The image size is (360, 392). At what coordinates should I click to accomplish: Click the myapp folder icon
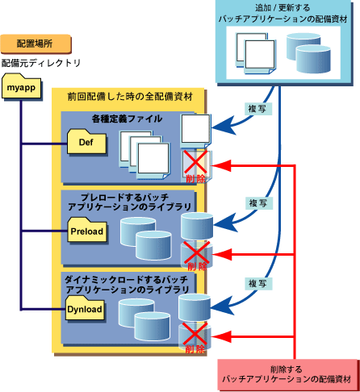coord(22,86)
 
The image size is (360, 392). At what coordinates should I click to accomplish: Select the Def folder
coord(86,142)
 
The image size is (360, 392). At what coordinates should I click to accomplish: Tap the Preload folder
coord(87,230)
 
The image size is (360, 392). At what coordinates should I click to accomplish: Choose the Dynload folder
coord(86,308)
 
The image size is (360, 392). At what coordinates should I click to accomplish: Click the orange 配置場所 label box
coord(36,44)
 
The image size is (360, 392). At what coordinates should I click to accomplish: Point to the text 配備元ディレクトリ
coord(41,63)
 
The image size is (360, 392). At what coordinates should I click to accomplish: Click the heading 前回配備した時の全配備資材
coord(130,97)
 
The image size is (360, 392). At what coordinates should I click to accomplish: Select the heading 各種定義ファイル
coord(127,119)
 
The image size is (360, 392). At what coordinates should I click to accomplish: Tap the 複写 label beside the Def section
coord(257,109)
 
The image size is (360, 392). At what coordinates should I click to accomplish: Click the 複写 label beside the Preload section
coord(259,203)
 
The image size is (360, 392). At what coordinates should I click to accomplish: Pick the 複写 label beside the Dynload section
coord(258,283)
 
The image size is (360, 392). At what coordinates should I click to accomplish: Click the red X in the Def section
coord(195,162)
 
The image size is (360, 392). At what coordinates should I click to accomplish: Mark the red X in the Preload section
coord(196,252)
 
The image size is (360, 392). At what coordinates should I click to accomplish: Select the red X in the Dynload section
coord(195,334)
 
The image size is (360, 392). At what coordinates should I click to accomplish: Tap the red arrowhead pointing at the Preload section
coord(222,254)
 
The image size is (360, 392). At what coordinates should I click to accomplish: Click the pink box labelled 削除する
coord(287,374)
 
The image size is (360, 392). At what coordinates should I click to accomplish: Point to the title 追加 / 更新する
coord(283,8)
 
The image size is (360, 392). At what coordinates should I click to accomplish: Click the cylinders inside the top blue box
coord(308,53)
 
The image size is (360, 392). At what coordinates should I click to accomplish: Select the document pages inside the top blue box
coord(256,53)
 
